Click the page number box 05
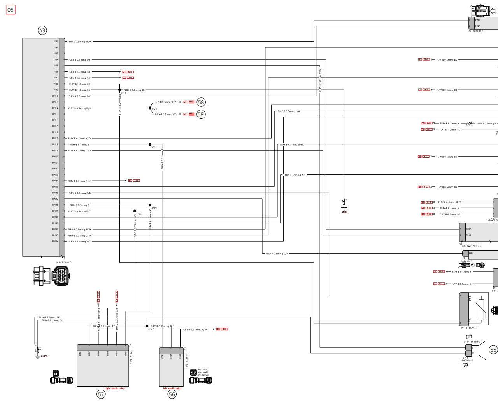[x=11, y=10]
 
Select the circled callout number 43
[x=42, y=30]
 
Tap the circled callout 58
[x=201, y=102]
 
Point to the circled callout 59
[x=201, y=114]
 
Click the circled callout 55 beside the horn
[x=493, y=350]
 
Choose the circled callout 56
[x=172, y=394]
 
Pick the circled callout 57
[x=101, y=394]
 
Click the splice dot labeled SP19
[x=120, y=90]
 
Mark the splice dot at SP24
[x=150, y=108]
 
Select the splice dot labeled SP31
[x=150, y=144]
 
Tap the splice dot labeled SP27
[x=147, y=326]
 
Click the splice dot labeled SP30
[x=150, y=205]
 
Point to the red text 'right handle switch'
[x=115, y=388]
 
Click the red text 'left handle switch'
[x=173, y=388]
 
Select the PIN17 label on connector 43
[x=55, y=138]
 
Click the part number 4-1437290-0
[x=64, y=263]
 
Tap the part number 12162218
[x=472, y=328]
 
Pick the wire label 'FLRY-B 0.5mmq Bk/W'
[x=80, y=42]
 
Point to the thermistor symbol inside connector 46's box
[x=481, y=310]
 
